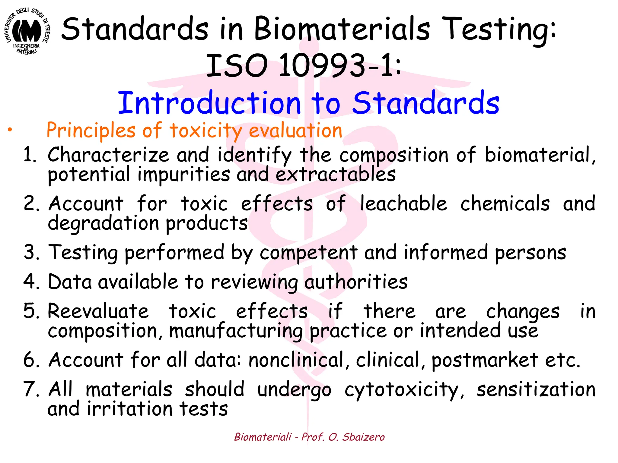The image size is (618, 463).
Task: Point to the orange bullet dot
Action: click(10, 130)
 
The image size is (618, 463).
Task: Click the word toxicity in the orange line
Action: click(206, 131)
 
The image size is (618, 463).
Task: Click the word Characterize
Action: click(108, 155)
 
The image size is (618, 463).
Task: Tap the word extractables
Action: click(336, 175)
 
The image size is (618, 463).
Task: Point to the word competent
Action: click(309, 252)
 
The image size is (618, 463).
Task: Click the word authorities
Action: click(356, 282)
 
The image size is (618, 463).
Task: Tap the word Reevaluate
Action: click(98, 311)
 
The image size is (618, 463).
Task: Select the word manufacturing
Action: click(236, 331)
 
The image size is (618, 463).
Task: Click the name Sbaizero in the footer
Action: click(363, 437)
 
